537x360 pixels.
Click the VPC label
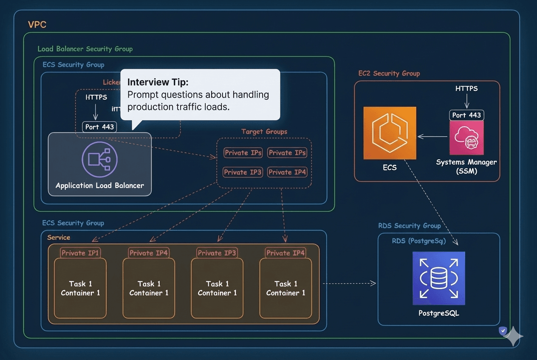tap(37, 25)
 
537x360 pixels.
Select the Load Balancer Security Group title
tap(85, 49)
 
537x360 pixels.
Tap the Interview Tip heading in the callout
tap(158, 82)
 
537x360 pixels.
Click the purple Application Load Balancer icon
tap(99, 159)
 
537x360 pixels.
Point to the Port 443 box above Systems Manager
tap(466, 115)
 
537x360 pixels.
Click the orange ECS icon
tap(390, 133)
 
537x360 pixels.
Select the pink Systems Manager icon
tap(466, 138)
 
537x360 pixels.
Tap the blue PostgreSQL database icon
tap(438, 278)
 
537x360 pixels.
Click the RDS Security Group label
tap(409, 226)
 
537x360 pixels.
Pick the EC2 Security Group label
tap(389, 73)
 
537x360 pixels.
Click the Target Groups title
tap(264, 132)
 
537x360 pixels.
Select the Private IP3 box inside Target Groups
tap(243, 172)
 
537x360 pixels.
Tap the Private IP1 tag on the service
tap(80, 253)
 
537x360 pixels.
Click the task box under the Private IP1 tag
tap(80, 289)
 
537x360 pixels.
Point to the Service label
tap(59, 237)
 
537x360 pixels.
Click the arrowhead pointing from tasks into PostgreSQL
tap(373, 283)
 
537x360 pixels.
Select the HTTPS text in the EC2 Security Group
tap(466, 89)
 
